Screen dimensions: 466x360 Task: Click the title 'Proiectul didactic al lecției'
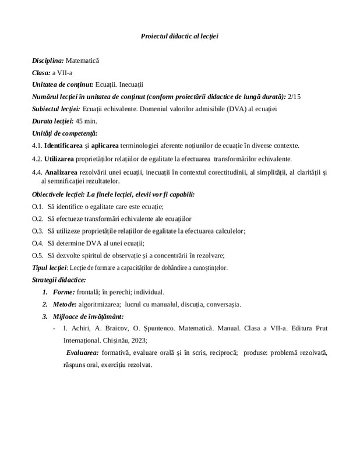tap(179, 36)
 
